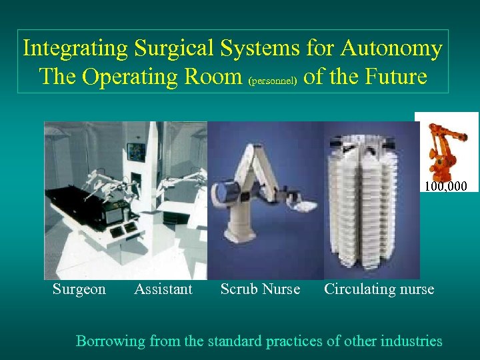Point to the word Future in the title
[x=395, y=77]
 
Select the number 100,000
[x=445, y=185]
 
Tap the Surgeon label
[x=79, y=289]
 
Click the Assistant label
[x=163, y=289]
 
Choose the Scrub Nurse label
[x=260, y=289]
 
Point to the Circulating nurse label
[x=379, y=289]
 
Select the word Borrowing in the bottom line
[x=111, y=341]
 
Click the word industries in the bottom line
[x=409, y=341]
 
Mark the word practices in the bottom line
[x=294, y=341]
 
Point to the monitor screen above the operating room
[x=137, y=149]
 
